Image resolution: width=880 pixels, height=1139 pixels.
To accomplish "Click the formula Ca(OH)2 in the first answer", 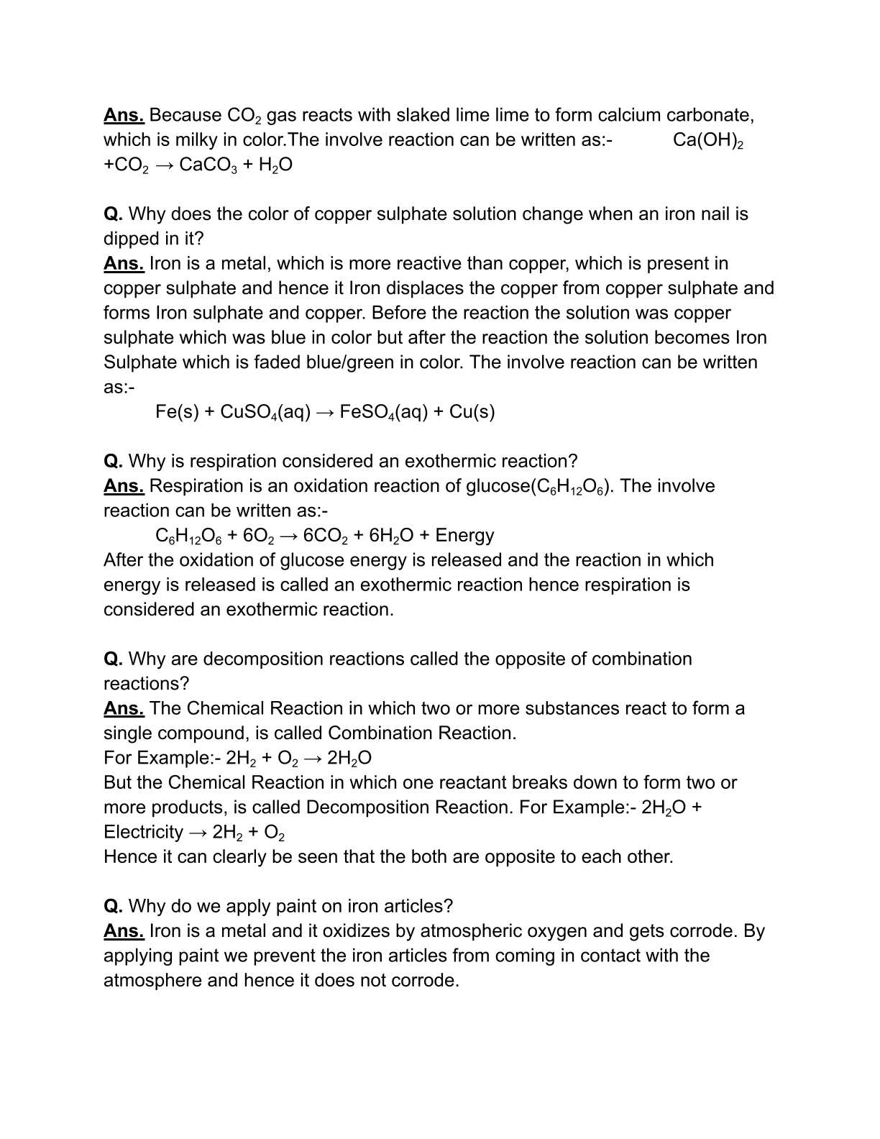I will pos(707,140).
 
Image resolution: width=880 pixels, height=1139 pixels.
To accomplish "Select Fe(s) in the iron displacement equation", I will pos(177,412).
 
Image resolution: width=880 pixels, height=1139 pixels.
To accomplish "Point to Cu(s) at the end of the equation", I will pos(472,412).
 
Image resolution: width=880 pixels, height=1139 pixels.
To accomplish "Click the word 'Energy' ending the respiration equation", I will pos(464,536).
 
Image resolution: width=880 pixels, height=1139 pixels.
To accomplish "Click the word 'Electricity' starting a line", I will pos(143,832).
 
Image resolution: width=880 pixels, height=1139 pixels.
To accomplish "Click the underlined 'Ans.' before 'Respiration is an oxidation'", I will pos(124,486).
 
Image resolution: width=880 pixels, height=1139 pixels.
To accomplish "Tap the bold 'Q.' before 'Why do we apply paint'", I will pos(113,906).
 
